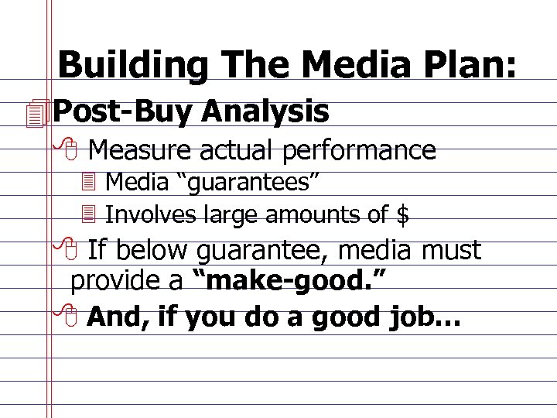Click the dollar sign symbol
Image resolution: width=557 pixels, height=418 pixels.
tap(403, 214)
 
